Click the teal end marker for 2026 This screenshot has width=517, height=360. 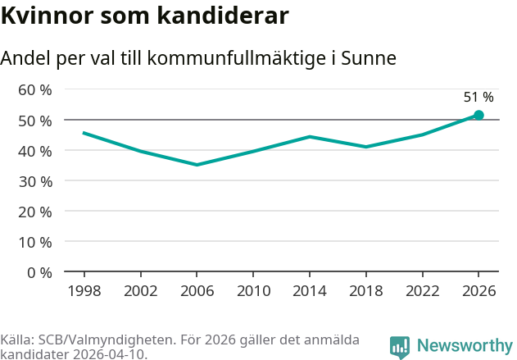point(478,116)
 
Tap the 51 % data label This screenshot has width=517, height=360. point(478,98)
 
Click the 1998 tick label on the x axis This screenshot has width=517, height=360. point(84,290)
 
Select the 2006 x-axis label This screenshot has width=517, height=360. point(197,290)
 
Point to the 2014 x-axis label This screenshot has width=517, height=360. point(310,290)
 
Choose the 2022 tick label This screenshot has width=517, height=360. point(423,290)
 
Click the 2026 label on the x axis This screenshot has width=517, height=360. point(478,290)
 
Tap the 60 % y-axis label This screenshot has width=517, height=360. point(35,89)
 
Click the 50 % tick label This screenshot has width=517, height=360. point(35,121)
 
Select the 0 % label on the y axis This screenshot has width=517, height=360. point(39,272)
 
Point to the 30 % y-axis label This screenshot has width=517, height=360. point(35,181)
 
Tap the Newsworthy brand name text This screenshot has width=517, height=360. point(464,346)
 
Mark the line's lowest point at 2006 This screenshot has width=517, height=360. point(197,165)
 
